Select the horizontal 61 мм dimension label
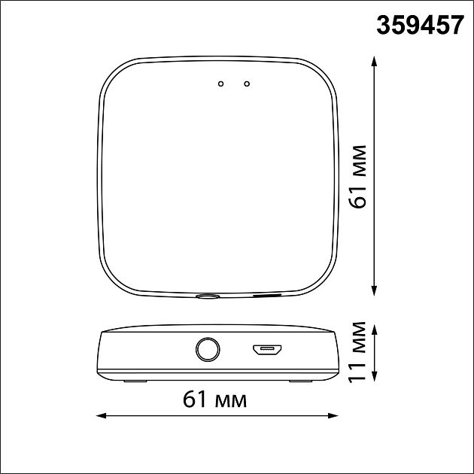(214, 400)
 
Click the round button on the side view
(208, 349)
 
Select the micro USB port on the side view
(267, 350)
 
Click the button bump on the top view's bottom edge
(208, 297)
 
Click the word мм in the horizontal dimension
(230, 400)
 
